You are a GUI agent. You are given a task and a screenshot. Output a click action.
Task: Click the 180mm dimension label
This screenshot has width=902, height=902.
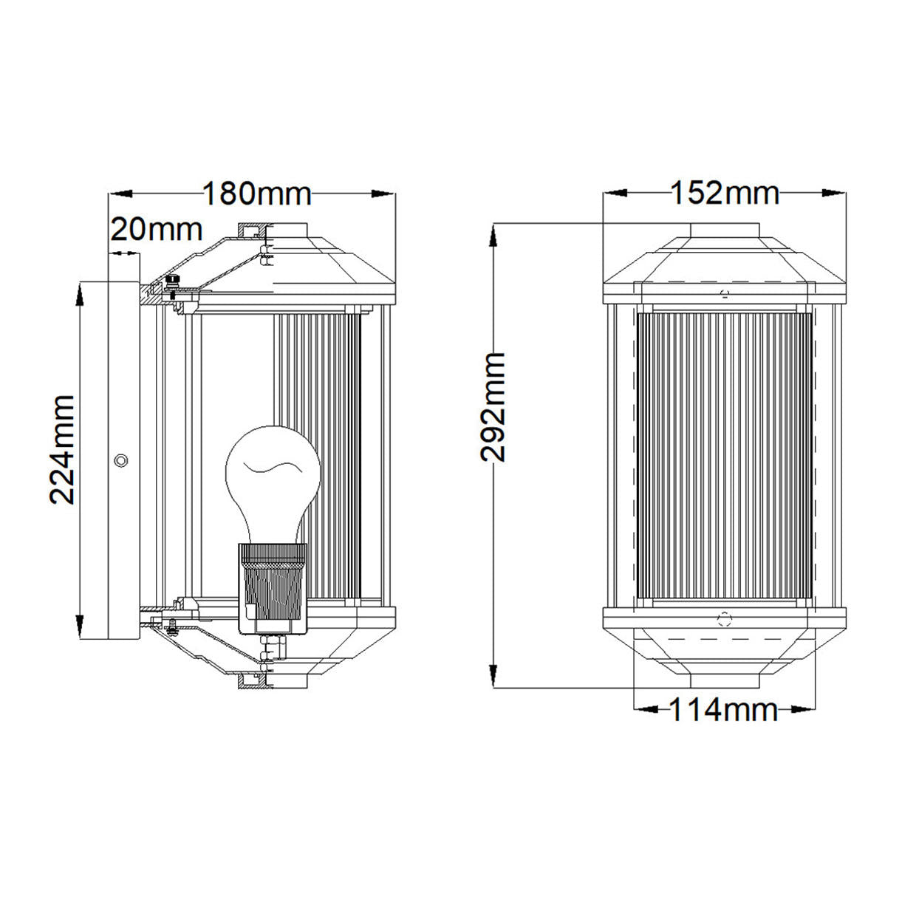(x=257, y=194)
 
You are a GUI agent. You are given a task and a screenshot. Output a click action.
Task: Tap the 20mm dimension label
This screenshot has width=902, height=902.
(x=157, y=230)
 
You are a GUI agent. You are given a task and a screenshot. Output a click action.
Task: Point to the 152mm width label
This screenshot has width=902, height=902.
(x=725, y=193)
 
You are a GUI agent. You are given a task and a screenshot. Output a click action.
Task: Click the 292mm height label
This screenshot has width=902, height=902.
(x=493, y=407)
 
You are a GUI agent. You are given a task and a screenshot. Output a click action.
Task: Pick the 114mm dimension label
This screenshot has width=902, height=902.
(x=724, y=710)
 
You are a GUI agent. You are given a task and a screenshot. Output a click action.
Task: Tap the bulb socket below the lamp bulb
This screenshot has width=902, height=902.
(x=273, y=589)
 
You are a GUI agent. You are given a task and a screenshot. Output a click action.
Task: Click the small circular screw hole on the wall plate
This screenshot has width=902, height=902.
(x=121, y=460)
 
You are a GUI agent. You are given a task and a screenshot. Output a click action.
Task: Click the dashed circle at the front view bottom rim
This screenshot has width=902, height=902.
(x=725, y=621)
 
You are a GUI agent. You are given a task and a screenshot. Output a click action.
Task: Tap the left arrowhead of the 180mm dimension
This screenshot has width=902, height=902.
(x=121, y=194)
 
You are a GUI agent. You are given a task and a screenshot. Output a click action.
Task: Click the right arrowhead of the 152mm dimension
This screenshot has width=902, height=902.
(x=833, y=193)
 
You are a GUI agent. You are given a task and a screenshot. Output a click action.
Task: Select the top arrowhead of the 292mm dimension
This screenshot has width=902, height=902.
(x=493, y=235)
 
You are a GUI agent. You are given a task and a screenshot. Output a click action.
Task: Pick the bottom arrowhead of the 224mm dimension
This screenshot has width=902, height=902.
(x=80, y=627)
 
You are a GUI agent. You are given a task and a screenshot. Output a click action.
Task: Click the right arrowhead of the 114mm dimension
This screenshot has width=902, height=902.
(x=804, y=710)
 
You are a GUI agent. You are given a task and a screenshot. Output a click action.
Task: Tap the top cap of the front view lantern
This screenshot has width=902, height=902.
(x=725, y=230)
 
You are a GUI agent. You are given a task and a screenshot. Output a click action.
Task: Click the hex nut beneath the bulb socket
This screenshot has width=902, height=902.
(x=273, y=646)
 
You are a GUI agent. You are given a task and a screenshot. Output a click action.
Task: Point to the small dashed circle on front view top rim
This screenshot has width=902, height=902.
(x=725, y=294)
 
